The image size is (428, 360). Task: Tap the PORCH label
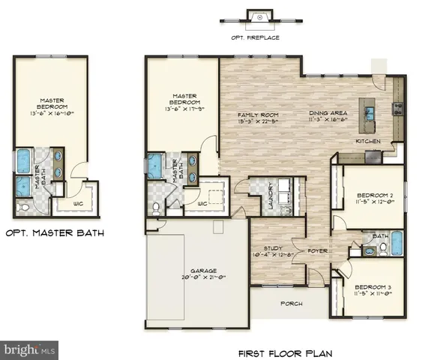[x=290, y=304]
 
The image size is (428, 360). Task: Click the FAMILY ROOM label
[x=257, y=116]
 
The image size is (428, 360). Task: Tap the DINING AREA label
[x=328, y=116]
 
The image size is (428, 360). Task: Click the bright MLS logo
[x=30, y=349]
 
